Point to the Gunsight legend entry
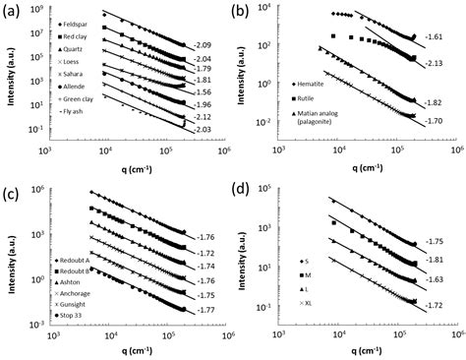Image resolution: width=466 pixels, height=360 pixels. [x=79, y=304]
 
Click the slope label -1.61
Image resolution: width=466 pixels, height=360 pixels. [x=433, y=35]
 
